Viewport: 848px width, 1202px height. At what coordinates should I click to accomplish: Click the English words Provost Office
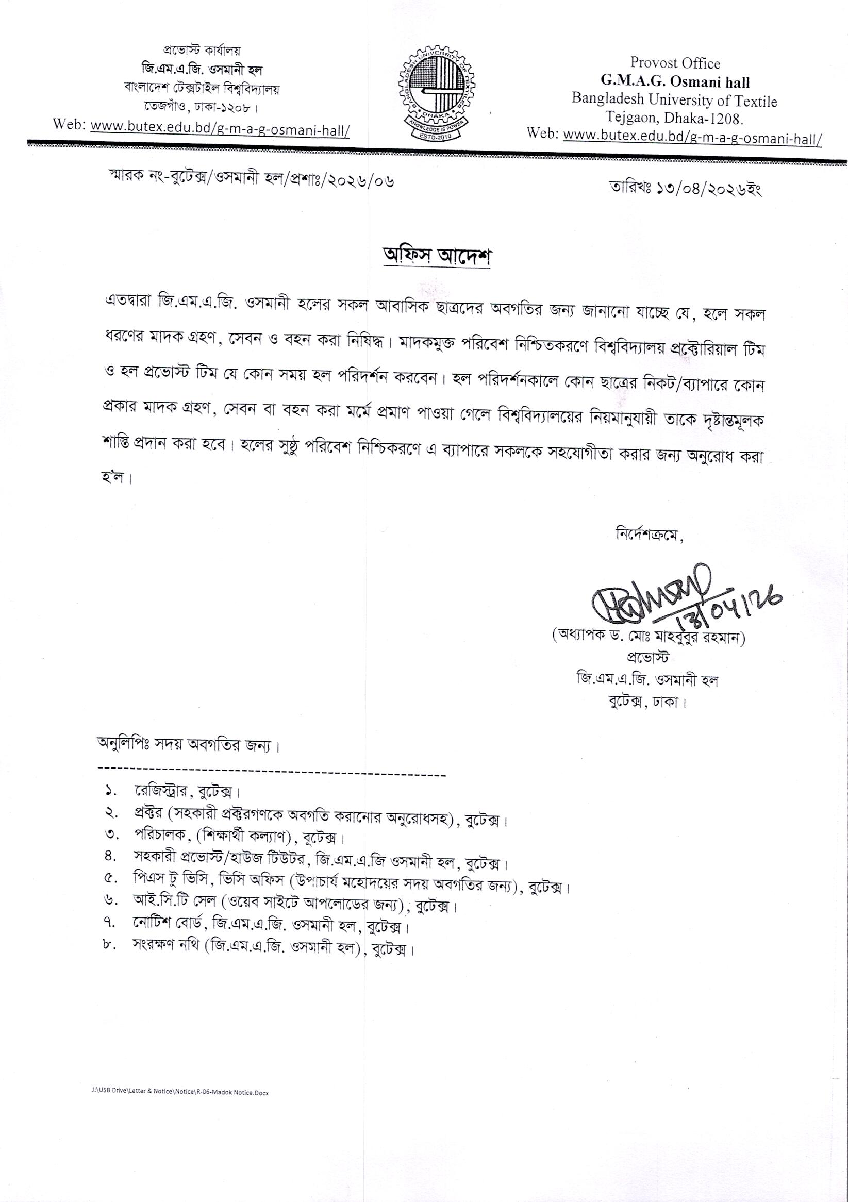coord(675,63)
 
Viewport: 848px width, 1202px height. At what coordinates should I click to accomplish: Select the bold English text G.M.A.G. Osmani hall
coord(675,82)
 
